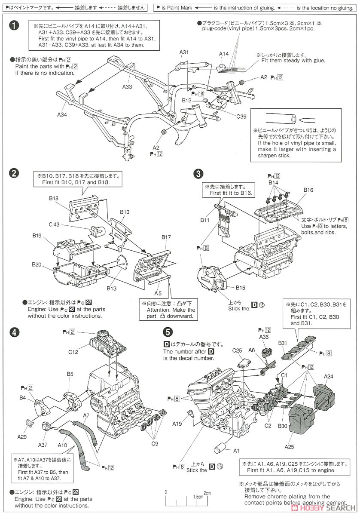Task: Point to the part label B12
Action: pyautogui.click(x=186, y=100)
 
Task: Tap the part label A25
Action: pyautogui.click(x=290, y=446)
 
